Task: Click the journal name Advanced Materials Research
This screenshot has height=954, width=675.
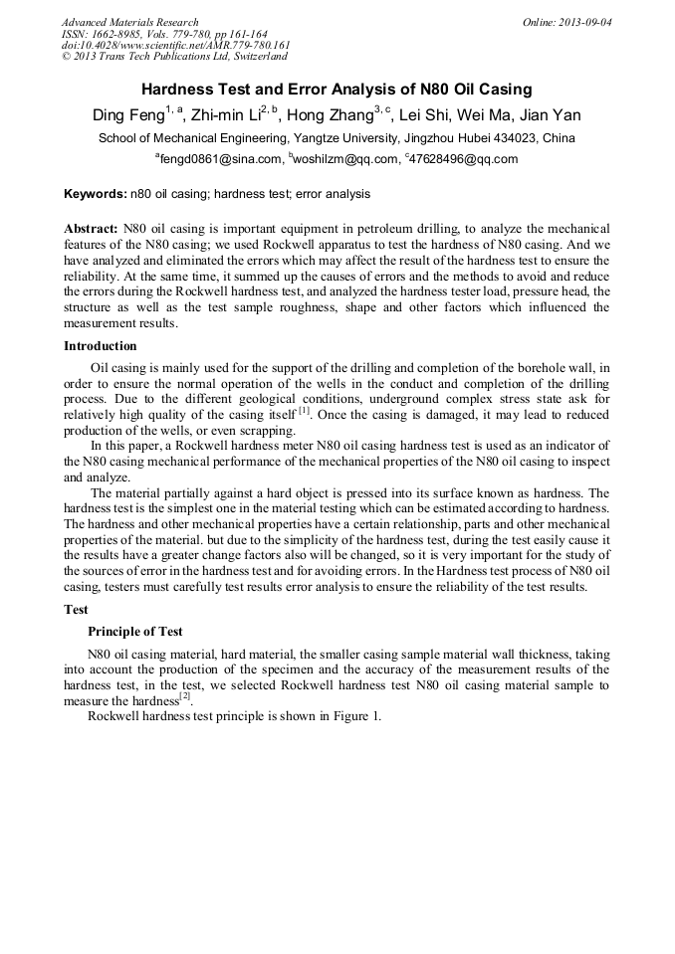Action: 129,22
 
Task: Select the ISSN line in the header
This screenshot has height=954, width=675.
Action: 163,34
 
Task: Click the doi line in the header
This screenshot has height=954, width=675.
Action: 176,45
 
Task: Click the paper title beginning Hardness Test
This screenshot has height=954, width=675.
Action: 337,90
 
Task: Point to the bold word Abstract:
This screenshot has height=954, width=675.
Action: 92,228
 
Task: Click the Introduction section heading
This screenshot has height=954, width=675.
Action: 101,346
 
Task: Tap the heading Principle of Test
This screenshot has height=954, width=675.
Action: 135,632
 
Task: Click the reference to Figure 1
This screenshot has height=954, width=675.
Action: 354,716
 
